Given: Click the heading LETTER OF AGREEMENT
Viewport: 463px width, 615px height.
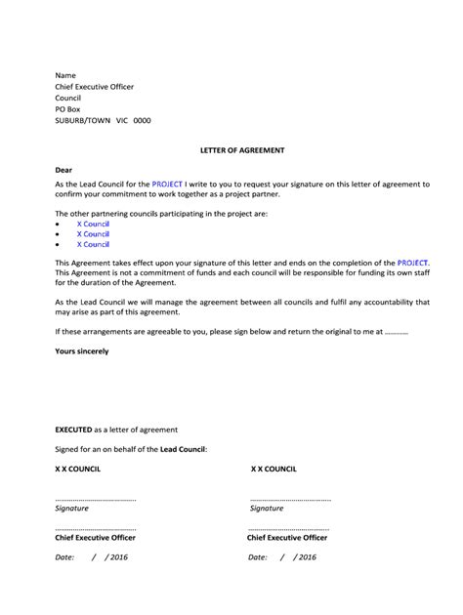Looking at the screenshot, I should click(x=232, y=150).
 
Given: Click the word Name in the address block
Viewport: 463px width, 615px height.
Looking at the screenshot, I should click(x=65, y=75).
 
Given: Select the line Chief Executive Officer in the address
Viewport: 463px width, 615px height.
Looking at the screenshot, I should click(x=94, y=87).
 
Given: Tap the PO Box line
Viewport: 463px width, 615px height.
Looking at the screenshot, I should click(x=69, y=109).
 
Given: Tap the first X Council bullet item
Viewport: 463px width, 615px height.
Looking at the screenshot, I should click(x=93, y=224).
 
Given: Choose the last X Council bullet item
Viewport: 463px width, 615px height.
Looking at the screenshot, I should click(x=93, y=245).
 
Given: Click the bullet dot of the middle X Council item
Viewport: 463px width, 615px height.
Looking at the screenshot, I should click(x=59, y=234).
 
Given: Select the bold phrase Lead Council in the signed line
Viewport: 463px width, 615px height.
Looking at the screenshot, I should click(x=182, y=449).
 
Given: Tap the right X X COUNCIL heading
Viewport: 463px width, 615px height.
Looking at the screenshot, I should click(x=279, y=469).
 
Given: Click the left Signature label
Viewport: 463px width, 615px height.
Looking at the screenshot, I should click(x=72, y=509).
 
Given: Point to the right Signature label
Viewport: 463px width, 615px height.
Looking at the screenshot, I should click(x=267, y=509).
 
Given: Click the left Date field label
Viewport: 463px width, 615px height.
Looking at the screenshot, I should click(x=65, y=557).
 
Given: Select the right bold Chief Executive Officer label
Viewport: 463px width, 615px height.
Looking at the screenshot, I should click(x=287, y=538).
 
